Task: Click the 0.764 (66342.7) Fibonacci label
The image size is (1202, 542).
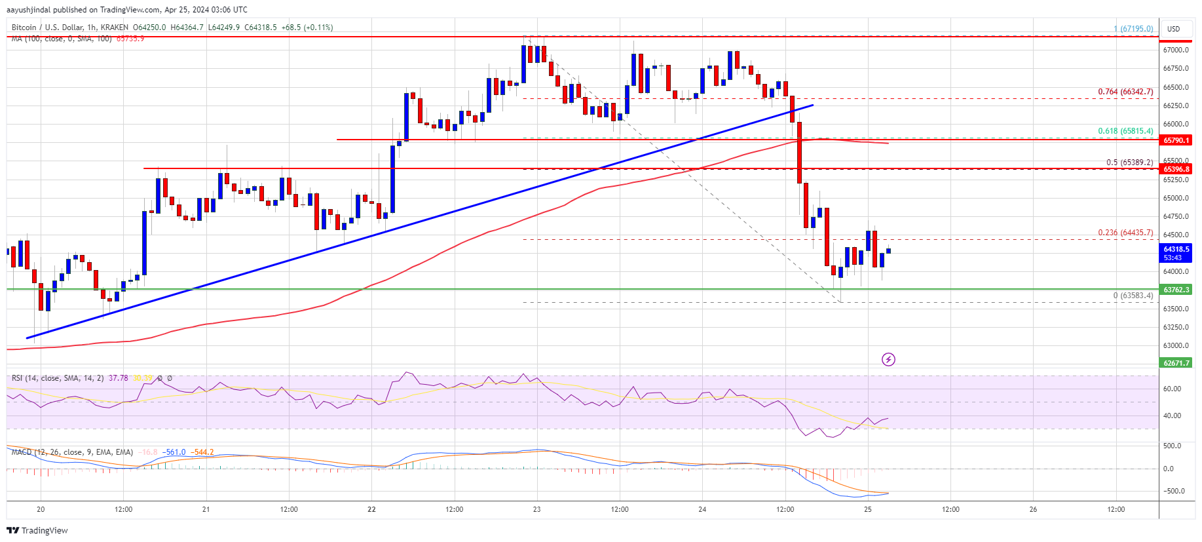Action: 1125,92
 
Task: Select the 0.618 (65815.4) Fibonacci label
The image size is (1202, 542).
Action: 1125,131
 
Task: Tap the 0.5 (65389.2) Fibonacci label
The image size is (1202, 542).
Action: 1129,163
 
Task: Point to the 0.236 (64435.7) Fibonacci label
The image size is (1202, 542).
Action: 1125,233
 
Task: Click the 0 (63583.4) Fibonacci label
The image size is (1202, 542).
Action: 1133,296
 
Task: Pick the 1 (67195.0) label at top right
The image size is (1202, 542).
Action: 1133,29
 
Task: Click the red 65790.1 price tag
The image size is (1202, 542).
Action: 1176,140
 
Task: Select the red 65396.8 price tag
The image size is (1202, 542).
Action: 1176,169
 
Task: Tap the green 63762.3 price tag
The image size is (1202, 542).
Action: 1176,290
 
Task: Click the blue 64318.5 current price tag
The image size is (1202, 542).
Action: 1176,249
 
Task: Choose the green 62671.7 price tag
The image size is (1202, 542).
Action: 1176,363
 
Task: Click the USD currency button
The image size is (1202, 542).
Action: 1173,29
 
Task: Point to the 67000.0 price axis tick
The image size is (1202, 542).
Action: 1175,50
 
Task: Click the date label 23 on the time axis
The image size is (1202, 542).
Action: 537,509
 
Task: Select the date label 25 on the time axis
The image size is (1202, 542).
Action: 868,509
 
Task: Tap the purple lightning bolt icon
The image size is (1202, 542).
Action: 888,359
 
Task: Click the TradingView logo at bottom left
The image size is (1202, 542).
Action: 37,530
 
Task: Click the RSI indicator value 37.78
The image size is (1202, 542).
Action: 119,378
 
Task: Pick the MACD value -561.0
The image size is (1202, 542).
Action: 175,452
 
